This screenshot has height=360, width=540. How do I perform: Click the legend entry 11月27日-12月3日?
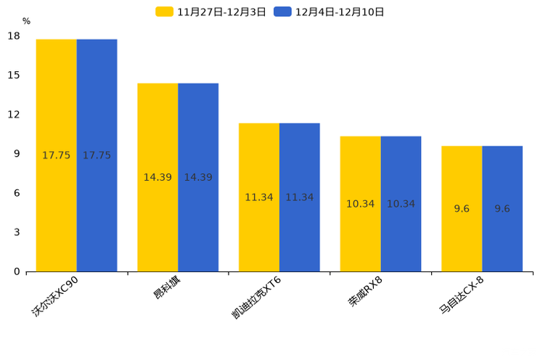click(210, 12)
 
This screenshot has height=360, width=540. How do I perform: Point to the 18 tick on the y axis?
click(14, 36)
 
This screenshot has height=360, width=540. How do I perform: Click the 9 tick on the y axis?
click(17, 154)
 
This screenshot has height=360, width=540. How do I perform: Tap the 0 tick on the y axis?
click(17, 271)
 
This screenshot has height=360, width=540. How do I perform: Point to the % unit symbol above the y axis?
click(26, 22)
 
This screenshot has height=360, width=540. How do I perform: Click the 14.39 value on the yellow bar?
click(157, 178)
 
